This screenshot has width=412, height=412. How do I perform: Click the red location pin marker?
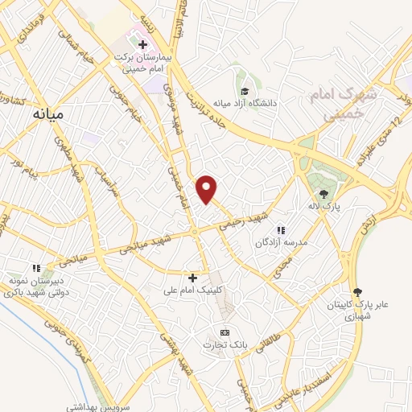[x=208, y=188]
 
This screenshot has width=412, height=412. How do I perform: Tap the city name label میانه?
[x=47, y=115]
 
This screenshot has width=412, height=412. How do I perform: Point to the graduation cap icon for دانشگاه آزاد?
[x=244, y=90]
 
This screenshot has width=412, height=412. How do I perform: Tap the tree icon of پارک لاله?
[x=324, y=193]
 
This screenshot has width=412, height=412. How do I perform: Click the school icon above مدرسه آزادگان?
[x=281, y=230]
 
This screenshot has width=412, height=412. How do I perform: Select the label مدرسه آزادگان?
[x=282, y=242]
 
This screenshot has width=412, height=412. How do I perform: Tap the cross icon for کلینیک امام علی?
[x=192, y=277]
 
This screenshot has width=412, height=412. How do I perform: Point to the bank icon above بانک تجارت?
[x=225, y=332]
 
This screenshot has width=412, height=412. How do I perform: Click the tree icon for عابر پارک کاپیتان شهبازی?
[x=357, y=293]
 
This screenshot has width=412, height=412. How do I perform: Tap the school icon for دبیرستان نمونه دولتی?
[x=35, y=268]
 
